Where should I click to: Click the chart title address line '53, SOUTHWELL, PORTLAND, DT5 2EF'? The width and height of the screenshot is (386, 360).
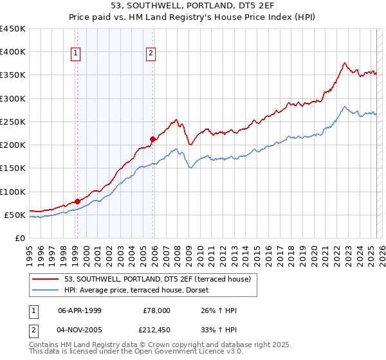click(192, 7)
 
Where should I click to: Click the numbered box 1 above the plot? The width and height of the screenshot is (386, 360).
click(76, 53)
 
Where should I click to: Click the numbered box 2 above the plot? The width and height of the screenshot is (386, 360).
click(151, 53)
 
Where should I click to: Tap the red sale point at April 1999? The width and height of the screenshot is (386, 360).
click(77, 201)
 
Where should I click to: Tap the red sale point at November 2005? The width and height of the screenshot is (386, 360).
click(152, 139)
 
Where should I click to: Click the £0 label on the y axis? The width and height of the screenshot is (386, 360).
click(21, 238)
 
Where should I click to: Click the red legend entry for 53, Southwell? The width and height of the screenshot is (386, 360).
click(161, 278)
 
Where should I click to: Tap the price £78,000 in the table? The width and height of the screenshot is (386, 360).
click(156, 310)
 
